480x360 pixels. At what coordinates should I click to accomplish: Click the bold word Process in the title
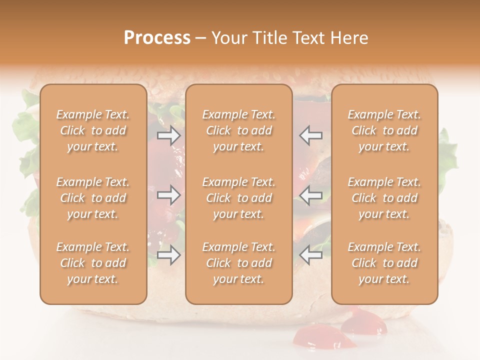click(x=157, y=38)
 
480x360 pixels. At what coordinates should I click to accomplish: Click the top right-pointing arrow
click(x=168, y=135)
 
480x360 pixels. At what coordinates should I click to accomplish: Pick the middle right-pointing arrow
click(x=168, y=195)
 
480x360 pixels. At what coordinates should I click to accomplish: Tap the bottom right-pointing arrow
click(x=168, y=255)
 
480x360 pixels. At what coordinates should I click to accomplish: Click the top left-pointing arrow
click(x=310, y=135)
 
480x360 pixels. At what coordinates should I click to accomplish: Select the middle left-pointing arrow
click(x=310, y=195)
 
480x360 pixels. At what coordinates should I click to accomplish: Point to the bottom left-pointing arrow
click(x=310, y=255)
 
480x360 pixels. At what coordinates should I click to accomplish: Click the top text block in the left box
click(x=93, y=130)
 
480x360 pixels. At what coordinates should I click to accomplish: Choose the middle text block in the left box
click(x=93, y=198)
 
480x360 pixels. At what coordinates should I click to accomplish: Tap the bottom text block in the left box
click(x=93, y=263)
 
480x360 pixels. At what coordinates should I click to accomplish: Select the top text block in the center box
click(x=239, y=130)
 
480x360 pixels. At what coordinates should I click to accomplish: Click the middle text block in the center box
click(x=239, y=198)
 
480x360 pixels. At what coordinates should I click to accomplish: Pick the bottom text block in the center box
click(x=239, y=263)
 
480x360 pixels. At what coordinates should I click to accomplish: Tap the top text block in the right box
click(x=384, y=130)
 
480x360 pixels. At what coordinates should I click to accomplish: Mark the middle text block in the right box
click(x=384, y=198)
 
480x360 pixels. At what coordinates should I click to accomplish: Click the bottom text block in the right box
click(x=384, y=263)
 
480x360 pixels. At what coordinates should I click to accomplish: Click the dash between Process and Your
click(x=201, y=38)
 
